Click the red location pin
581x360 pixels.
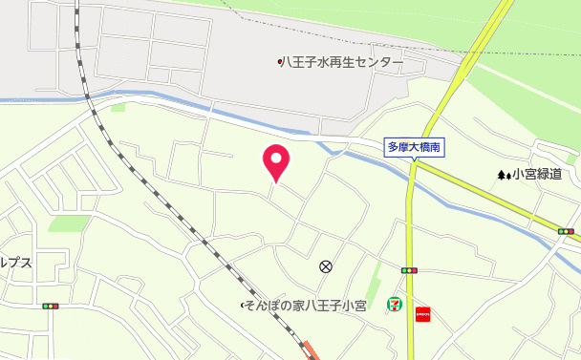(277, 161)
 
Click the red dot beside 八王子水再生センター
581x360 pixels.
(279, 63)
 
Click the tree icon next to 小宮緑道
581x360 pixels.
(503, 176)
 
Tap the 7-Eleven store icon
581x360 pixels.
(392, 304)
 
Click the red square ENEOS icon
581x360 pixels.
(422, 312)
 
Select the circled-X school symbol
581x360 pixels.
(326, 266)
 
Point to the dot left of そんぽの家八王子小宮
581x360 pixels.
(242, 306)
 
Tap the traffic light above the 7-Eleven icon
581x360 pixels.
(409, 271)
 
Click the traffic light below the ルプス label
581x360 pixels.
(50, 307)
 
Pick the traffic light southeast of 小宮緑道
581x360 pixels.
(566, 231)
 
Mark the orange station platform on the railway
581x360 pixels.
(309, 350)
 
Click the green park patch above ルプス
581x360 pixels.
(69, 223)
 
